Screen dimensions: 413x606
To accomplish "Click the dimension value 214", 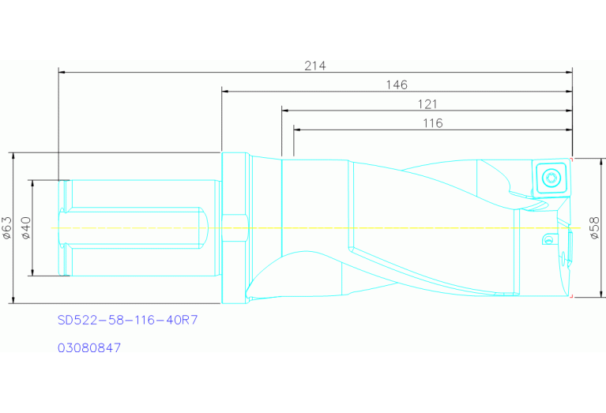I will [x=315, y=65].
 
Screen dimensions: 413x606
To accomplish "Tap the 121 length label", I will [x=426, y=103].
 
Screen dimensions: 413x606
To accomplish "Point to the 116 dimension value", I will [x=432, y=122].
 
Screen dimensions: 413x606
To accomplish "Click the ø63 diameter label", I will [x=7, y=227].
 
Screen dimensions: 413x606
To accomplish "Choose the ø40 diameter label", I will [x=25, y=227].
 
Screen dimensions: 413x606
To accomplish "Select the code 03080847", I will [x=89, y=347].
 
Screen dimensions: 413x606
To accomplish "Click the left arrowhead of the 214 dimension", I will [x=62, y=73].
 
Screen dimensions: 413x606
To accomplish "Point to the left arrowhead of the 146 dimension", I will [x=226, y=92].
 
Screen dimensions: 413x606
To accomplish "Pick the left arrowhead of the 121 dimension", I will [x=285, y=111].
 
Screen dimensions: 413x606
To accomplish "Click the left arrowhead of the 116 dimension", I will [x=297, y=130].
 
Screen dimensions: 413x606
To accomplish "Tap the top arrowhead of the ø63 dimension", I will [x=14, y=156].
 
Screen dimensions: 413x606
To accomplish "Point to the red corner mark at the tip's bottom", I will [x=570, y=296].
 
